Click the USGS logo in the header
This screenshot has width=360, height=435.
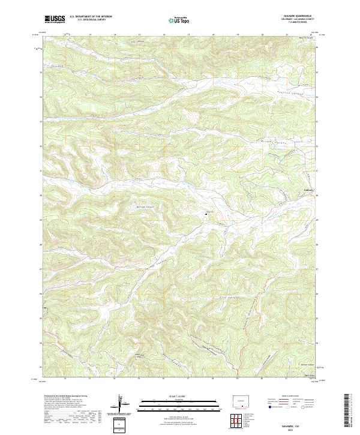click(55, 19)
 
